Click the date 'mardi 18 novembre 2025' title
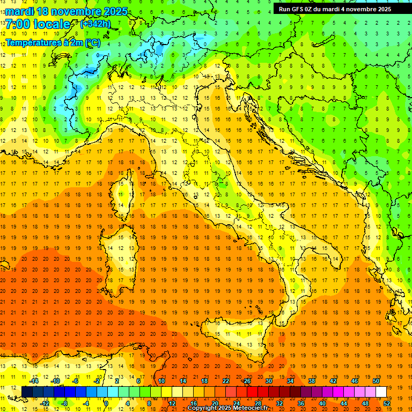(x=67, y=11)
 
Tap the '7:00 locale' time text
(x=38, y=24)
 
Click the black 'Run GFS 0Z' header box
(x=335, y=9)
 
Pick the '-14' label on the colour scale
(x=34, y=381)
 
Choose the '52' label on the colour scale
(x=387, y=403)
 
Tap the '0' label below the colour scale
(x=106, y=403)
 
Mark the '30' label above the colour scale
(x=268, y=381)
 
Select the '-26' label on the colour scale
(x=246, y=381)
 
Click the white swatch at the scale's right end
(x=381, y=392)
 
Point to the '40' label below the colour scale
(x=322, y=403)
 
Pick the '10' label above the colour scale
(x=161, y=381)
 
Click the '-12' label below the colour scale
(x=45, y=403)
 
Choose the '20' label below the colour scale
(x=215, y=403)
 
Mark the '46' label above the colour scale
(x=354, y=381)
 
